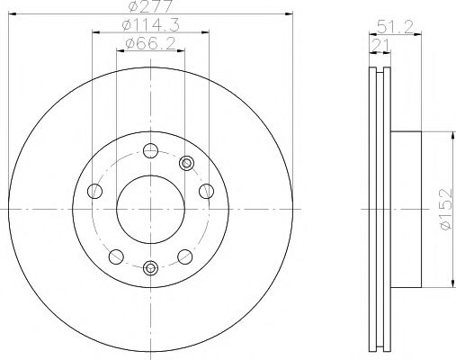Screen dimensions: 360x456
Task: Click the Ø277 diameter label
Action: point(149,7)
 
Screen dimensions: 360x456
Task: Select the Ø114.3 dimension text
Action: point(149,28)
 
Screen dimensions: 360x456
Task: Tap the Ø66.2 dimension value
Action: point(149,46)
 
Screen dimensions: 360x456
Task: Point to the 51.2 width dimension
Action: point(389,28)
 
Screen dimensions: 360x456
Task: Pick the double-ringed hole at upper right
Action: point(186,163)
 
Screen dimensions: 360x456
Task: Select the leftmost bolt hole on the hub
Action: point(94,191)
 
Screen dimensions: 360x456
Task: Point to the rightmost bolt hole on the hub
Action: point(206,191)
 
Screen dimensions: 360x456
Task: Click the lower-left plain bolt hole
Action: point(115,255)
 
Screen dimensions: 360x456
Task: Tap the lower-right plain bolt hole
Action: point(184,255)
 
